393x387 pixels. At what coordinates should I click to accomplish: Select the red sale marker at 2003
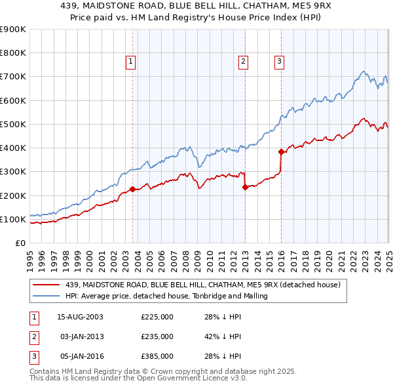click(x=132, y=190)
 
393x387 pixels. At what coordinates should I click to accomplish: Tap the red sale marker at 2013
click(x=244, y=187)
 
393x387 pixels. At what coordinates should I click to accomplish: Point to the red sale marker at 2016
click(x=281, y=152)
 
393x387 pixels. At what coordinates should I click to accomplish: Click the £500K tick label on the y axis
click(x=13, y=124)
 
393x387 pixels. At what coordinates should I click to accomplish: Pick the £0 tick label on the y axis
click(x=20, y=243)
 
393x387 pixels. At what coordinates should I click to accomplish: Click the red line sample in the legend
click(x=47, y=285)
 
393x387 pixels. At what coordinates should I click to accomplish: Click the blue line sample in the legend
click(x=47, y=296)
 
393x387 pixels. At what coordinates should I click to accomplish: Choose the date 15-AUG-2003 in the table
click(x=81, y=317)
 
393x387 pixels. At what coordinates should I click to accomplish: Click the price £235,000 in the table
click(x=157, y=336)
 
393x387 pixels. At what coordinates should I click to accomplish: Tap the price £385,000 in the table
click(x=157, y=356)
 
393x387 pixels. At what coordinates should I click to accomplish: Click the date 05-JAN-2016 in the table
click(x=81, y=356)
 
